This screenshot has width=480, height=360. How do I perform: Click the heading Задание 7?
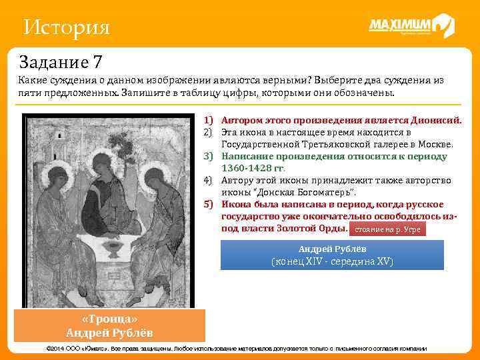[x=61, y=63]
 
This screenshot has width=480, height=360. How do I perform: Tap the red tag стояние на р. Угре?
[x=387, y=229]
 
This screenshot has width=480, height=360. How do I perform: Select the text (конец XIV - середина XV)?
[x=331, y=261]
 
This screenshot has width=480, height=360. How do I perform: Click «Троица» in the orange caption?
[x=110, y=319]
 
